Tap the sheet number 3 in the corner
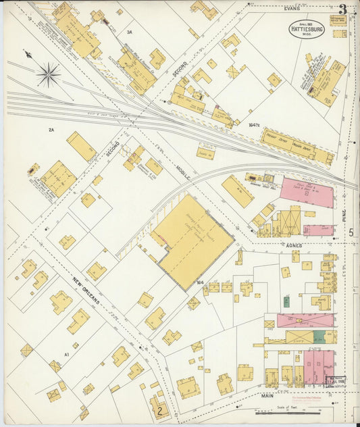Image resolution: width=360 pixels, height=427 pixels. pyautogui.click(x=344, y=9)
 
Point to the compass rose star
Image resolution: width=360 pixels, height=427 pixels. pyautogui.click(x=48, y=74)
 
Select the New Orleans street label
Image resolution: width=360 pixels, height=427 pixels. pyautogui.click(x=87, y=290)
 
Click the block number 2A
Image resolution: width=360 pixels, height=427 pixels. pyautogui.click(x=51, y=129)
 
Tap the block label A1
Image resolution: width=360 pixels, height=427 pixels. pyautogui.click(x=67, y=354)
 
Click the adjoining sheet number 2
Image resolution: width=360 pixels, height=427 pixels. pyautogui.click(x=160, y=409)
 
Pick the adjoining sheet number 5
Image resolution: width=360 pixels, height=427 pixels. pyautogui.click(x=351, y=232)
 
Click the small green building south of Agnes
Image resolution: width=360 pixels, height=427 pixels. pyautogui.click(x=286, y=301)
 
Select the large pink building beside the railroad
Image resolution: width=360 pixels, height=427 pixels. pyautogui.click(x=307, y=193)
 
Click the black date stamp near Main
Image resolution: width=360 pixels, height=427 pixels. pyautogui.click(x=336, y=381)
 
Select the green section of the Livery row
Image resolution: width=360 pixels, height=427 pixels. pyautogui.click(x=320, y=336)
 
